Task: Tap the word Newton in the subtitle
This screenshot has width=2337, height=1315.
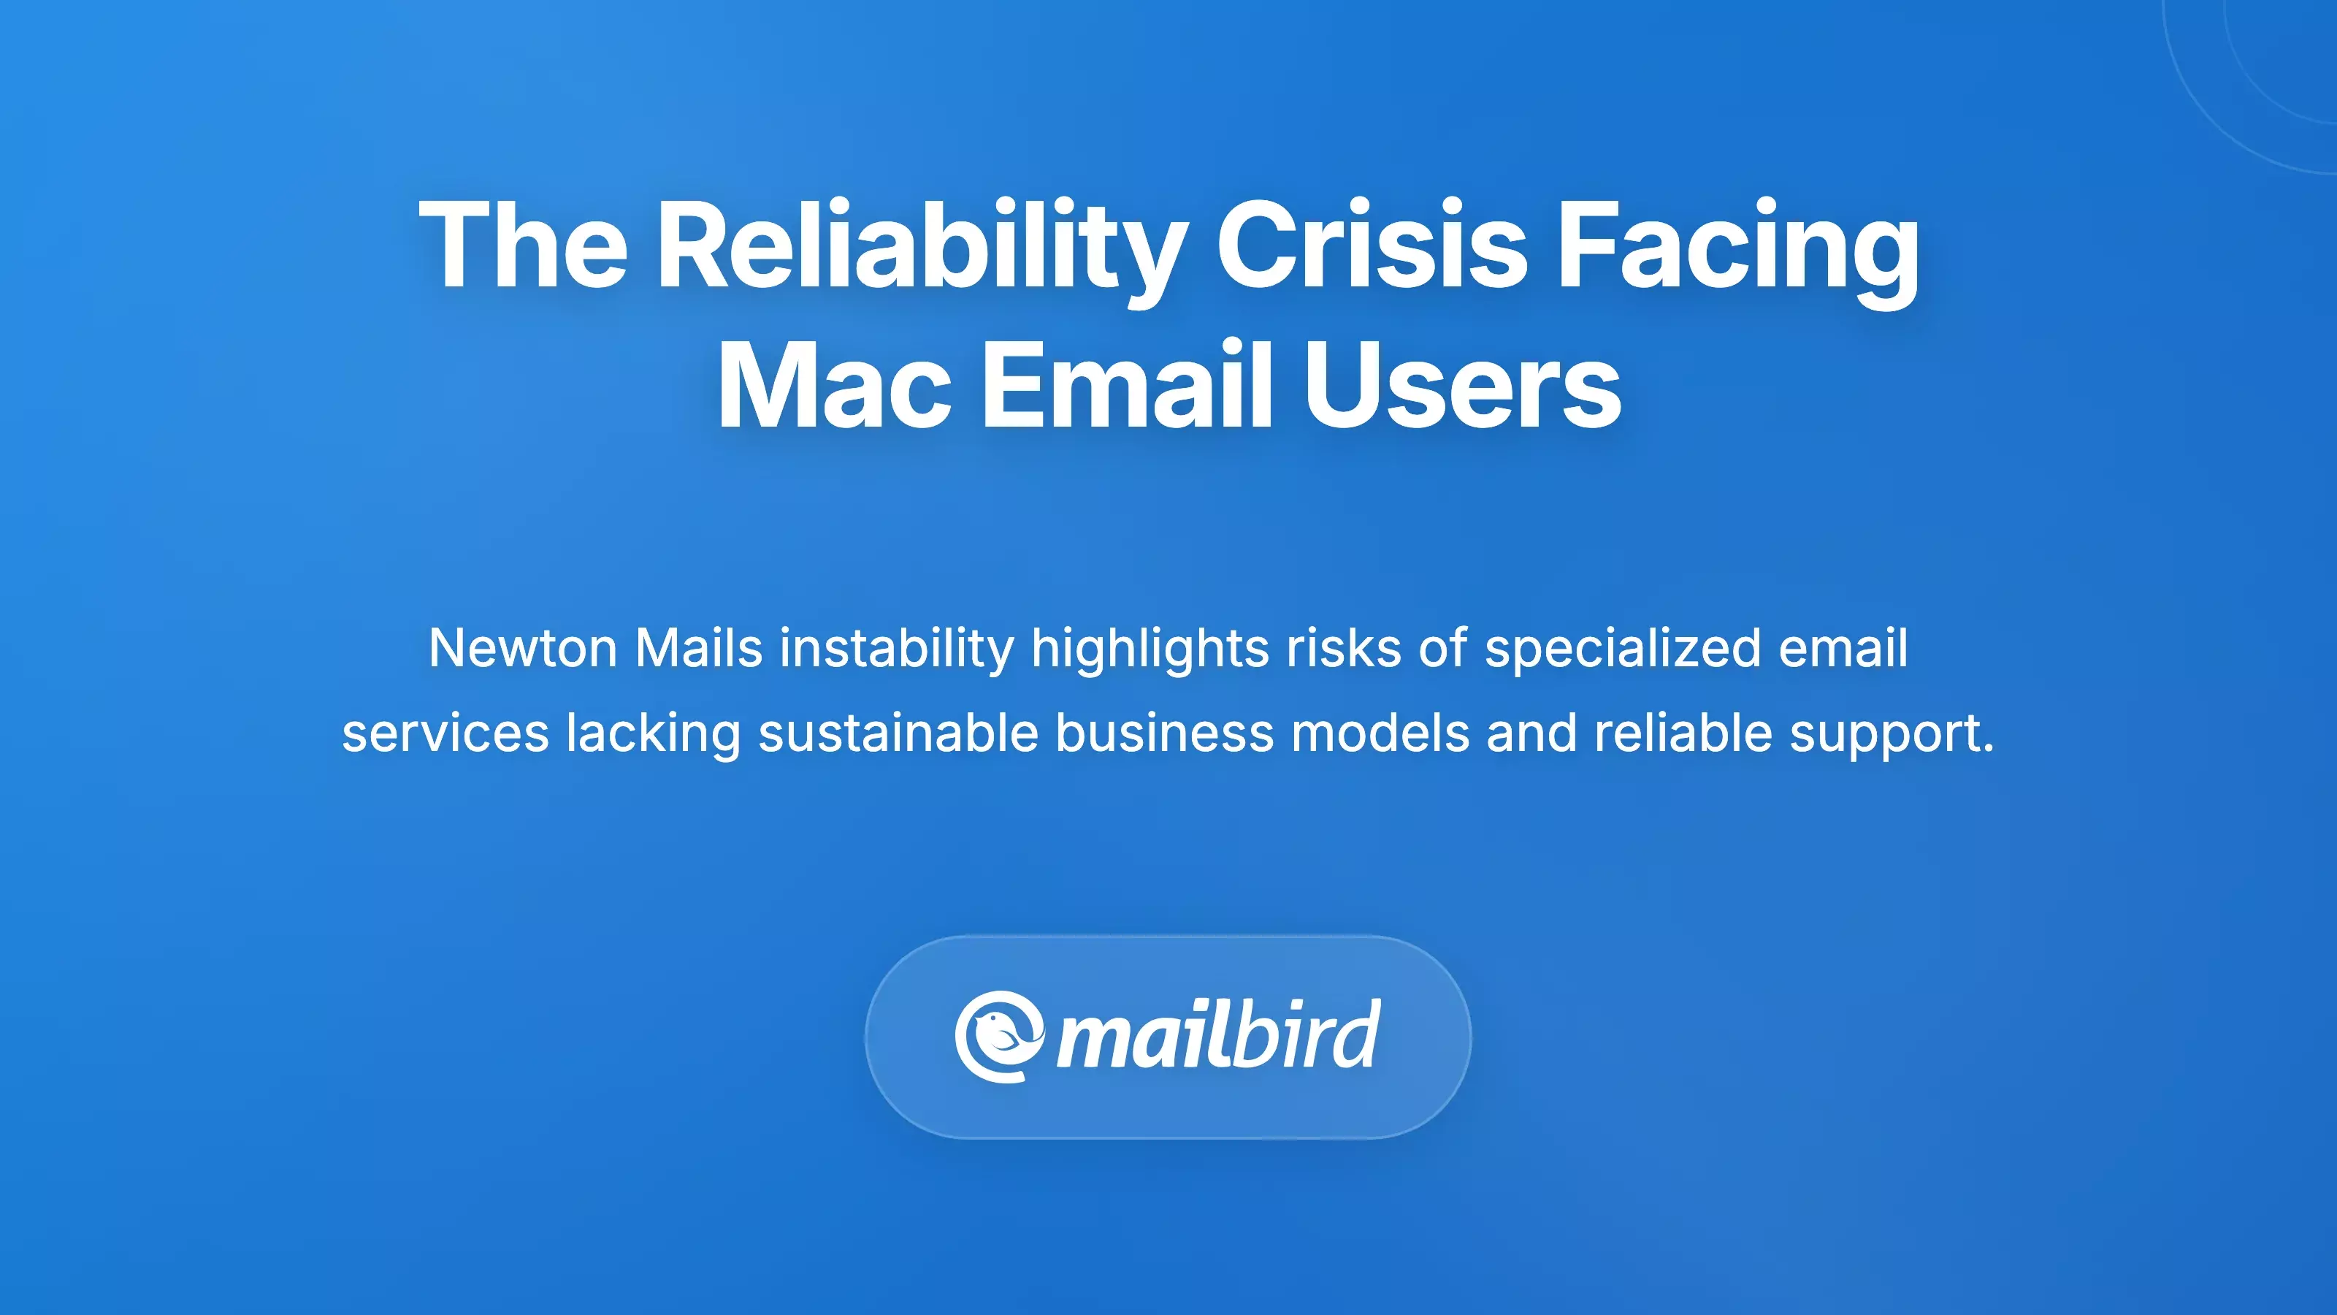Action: coord(523,648)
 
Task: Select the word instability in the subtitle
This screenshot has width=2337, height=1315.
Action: coord(896,648)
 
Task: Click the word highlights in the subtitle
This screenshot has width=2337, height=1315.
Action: coord(1150,648)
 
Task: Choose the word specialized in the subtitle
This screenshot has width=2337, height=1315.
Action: coord(1622,648)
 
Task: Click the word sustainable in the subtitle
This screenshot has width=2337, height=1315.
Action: coord(898,733)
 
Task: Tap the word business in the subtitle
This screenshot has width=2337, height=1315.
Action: coord(1164,733)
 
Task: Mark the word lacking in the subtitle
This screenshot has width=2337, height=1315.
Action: coord(653,733)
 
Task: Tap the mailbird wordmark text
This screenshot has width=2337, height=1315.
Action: coord(1218,1037)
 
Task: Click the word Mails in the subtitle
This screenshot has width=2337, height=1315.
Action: coord(699,648)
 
